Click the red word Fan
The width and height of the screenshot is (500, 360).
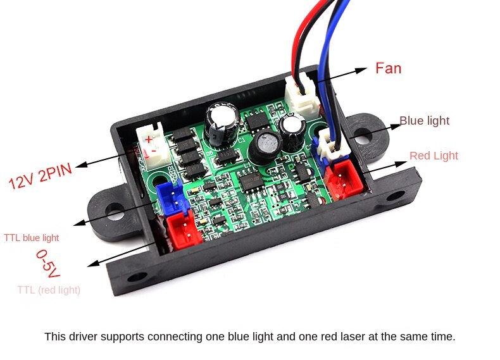click(388, 68)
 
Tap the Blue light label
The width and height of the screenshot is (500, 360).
click(424, 121)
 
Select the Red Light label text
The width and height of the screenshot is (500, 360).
click(434, 156)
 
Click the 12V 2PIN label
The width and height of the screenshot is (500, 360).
click(41, 177)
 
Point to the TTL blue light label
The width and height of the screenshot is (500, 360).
click(31, 237)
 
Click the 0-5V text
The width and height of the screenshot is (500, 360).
click(48, 264)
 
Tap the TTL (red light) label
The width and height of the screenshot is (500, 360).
click(49, 290)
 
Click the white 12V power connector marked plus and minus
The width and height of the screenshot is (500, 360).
click(152, 145)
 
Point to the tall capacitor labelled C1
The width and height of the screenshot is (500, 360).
click(222, 123)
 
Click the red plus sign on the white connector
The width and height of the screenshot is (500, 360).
click(148, 139)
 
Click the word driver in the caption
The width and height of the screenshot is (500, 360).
click(82, 337)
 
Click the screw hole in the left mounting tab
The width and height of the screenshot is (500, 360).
click(115, 212)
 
